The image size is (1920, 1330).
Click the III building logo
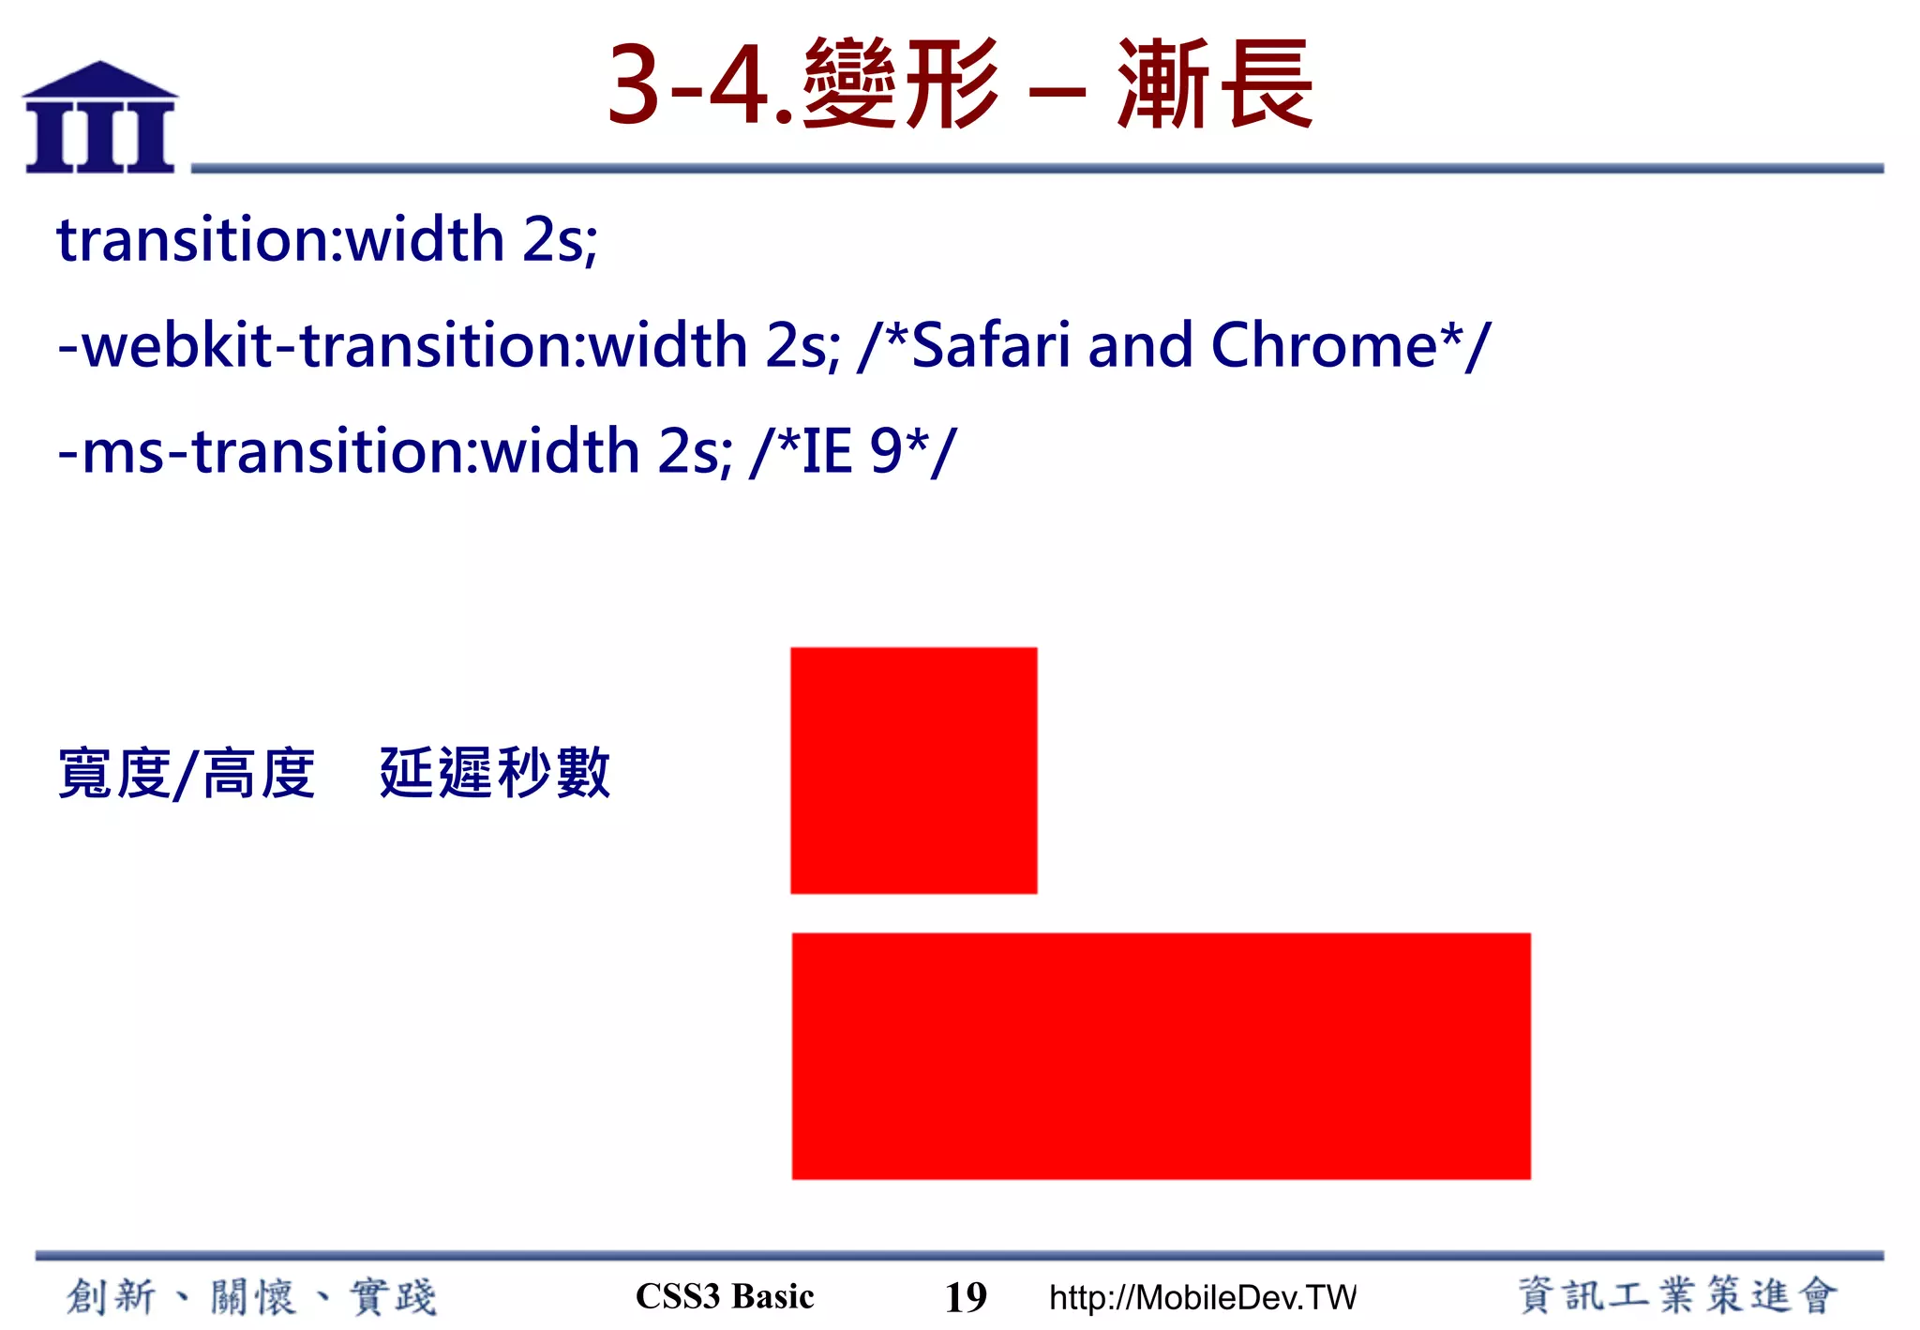(100, 118)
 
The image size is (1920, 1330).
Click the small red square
(913, 770)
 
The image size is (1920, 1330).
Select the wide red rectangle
(1161, 1055)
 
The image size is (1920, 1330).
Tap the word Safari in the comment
(990, 345)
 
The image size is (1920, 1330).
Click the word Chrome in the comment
(1324, 345)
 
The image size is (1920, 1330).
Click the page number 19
(966, 1297)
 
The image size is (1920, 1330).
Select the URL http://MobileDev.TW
(1202, 1297)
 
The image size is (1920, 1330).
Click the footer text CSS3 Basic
(725, 1296)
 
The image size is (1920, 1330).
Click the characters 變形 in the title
(900, 84)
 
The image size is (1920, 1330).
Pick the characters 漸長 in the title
(1215, 84)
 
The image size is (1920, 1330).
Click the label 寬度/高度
(187, 774)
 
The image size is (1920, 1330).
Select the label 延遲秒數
(495, 773)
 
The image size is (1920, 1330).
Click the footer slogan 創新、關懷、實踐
(251, 1296)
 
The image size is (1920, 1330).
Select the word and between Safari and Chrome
(1140, 345)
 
